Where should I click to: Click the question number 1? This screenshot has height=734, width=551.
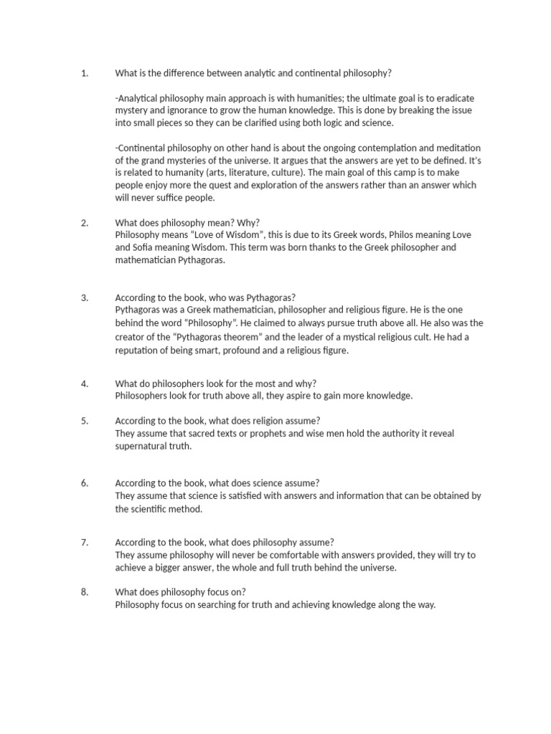click(84, 73)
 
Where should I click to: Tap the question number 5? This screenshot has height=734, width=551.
click(84, 421)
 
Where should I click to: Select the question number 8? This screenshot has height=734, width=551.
click(84, 591)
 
